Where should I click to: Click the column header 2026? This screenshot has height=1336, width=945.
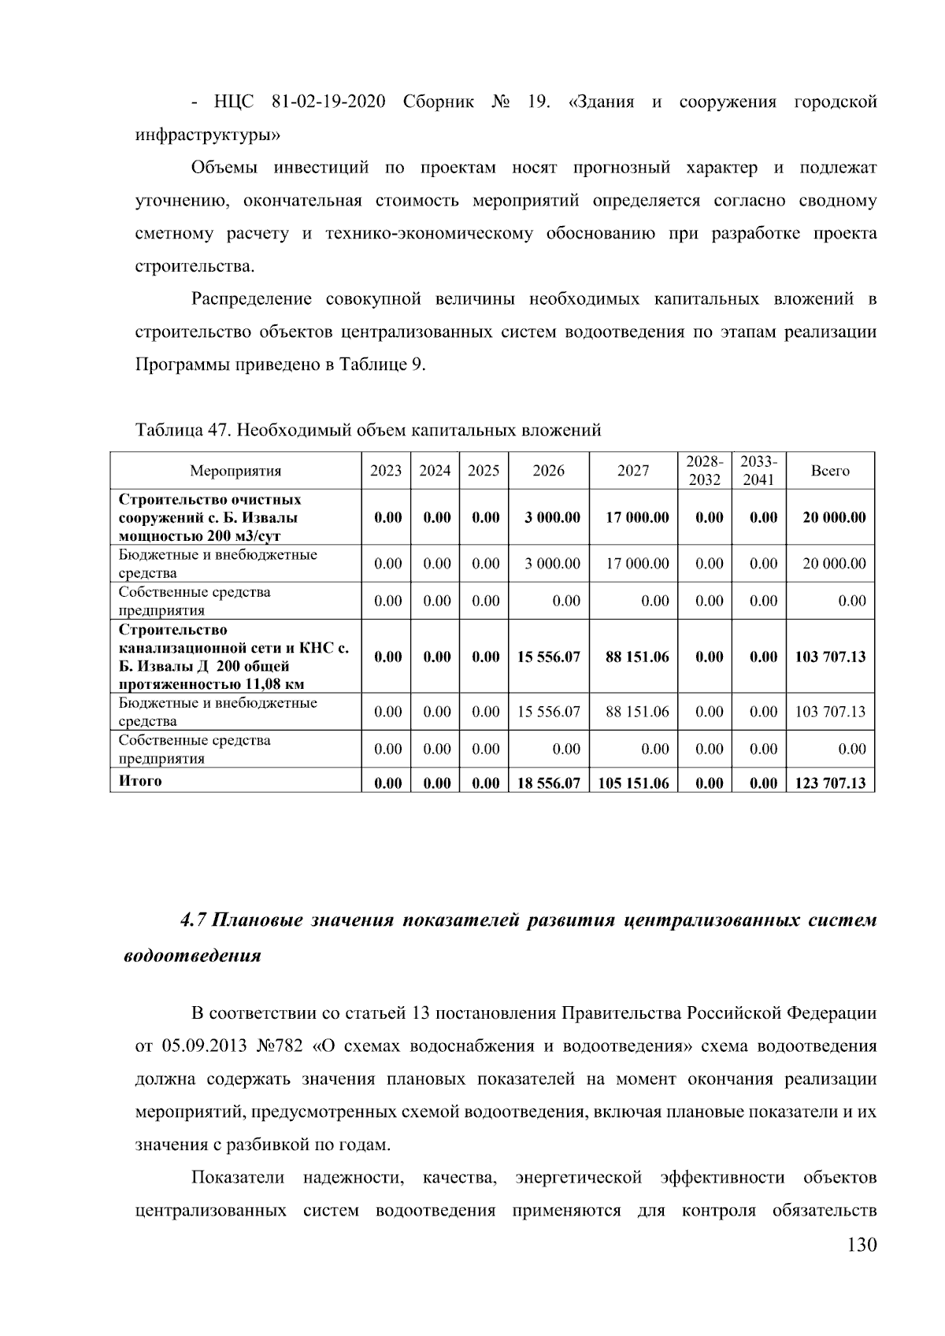[x=548, y=471]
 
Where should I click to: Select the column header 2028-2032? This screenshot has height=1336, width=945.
[x=704, y=471]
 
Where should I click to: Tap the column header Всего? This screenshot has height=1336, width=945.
[x=830, y=471]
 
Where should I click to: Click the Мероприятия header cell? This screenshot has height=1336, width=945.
[x=235, y=471]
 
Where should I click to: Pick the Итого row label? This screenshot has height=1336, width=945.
[x=140, y=780]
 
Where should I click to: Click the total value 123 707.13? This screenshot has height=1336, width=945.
[x=830, y=783]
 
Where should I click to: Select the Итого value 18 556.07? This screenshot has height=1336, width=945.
[x=548, y=783]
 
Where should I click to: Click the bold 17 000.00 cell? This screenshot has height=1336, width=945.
[x=636, y=517]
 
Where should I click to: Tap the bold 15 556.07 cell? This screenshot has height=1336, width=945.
[x=548, y=657]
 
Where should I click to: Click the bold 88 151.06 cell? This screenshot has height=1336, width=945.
[x=636, y=657]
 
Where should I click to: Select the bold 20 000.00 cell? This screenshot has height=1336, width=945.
[x=833, y=517]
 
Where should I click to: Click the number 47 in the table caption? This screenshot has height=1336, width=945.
[x=217, y=430]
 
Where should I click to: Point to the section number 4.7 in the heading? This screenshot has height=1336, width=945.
[x=194, y=920]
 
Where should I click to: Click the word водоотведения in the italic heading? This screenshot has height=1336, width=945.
[x=192, y=957]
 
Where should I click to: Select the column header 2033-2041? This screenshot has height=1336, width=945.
[x=758, y=471]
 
